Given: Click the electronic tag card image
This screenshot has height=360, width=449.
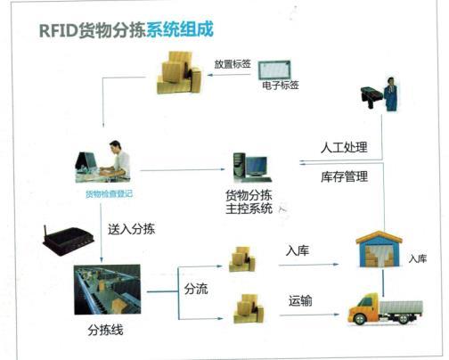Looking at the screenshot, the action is click(x=274, y=70).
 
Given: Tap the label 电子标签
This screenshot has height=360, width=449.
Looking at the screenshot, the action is click(x=281, y=86).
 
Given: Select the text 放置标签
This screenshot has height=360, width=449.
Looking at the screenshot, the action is click(x=233, y=64).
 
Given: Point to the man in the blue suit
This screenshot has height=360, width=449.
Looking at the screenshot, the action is click(x=390, y=94).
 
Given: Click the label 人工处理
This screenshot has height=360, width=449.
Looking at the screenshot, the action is click(x=344, y=147).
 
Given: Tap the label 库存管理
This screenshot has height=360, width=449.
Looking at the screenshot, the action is click(x=344, y=176).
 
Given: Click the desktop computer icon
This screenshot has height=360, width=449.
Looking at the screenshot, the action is click(x=252, y=168).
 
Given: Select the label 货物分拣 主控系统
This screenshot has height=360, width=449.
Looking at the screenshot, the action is click(x=249, y=202).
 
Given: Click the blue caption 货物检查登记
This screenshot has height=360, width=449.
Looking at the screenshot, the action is click(x=109, y=194).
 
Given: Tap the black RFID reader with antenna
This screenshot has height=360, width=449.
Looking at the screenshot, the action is click(x=69, y=240).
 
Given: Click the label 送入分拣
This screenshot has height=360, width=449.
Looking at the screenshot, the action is click(x=131, y=229).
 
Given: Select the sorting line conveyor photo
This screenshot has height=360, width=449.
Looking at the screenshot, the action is click(x=107, y=290).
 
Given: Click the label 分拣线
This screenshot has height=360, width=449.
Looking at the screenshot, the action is click(x=105, y=330).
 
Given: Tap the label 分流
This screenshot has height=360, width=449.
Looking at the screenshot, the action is click(x=196, y=289).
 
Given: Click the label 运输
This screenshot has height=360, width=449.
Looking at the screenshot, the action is click(x=300, y=300).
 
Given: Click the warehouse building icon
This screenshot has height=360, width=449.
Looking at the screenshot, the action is click(x=379, y=249).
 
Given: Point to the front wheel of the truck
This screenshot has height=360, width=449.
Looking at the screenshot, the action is click(x=360, y=319).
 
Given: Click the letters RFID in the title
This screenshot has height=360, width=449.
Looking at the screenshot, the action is click(x=58, y=30).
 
